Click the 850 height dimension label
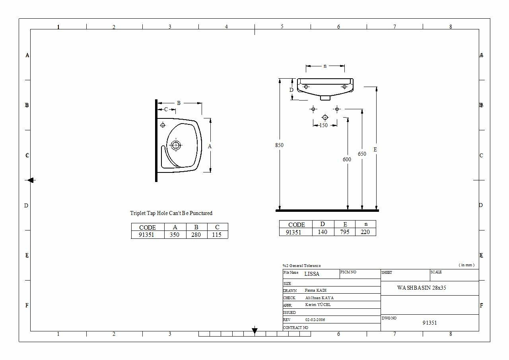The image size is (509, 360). (x=279, y=145)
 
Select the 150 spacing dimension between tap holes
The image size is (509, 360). (x=324, y=125)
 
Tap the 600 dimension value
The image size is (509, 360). (x=347, y=159)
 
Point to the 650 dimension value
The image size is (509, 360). (x=362, y=154)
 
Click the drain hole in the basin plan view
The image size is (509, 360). (x=176, y=145)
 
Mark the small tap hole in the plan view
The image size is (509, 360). (x=163, y=125)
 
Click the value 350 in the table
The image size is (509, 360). (x=175, y=235)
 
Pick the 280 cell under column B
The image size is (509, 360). (x=196, y=235)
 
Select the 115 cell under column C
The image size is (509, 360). (x=217, y=235)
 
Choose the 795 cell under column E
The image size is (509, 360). (x=344, y=232)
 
